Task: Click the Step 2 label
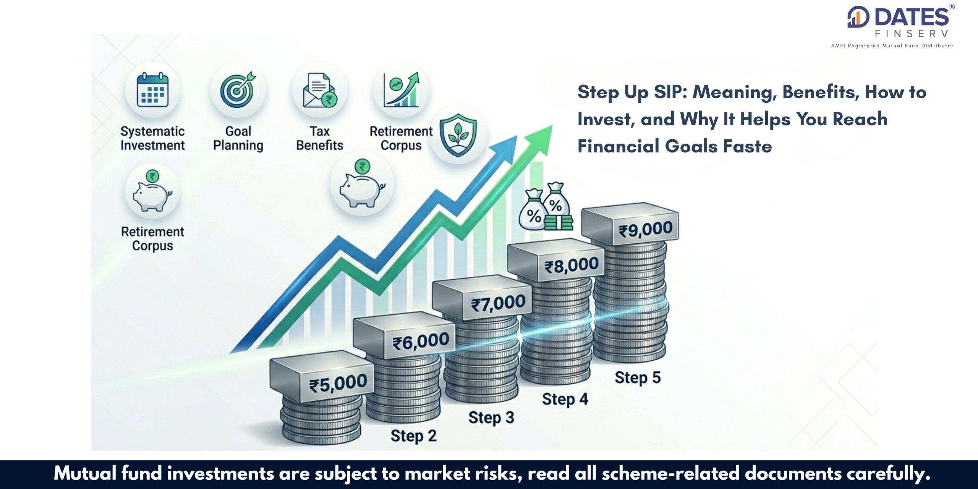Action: [413, 436]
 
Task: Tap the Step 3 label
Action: [491, 418]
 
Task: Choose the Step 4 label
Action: [565, 399]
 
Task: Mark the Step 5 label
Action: [638, 377]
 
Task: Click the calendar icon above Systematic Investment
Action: [153, 89]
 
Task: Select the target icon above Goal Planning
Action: [238, 89]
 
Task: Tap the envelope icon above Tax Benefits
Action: [319, 90]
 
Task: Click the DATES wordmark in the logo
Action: [912, 18]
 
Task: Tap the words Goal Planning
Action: [238, 138]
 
